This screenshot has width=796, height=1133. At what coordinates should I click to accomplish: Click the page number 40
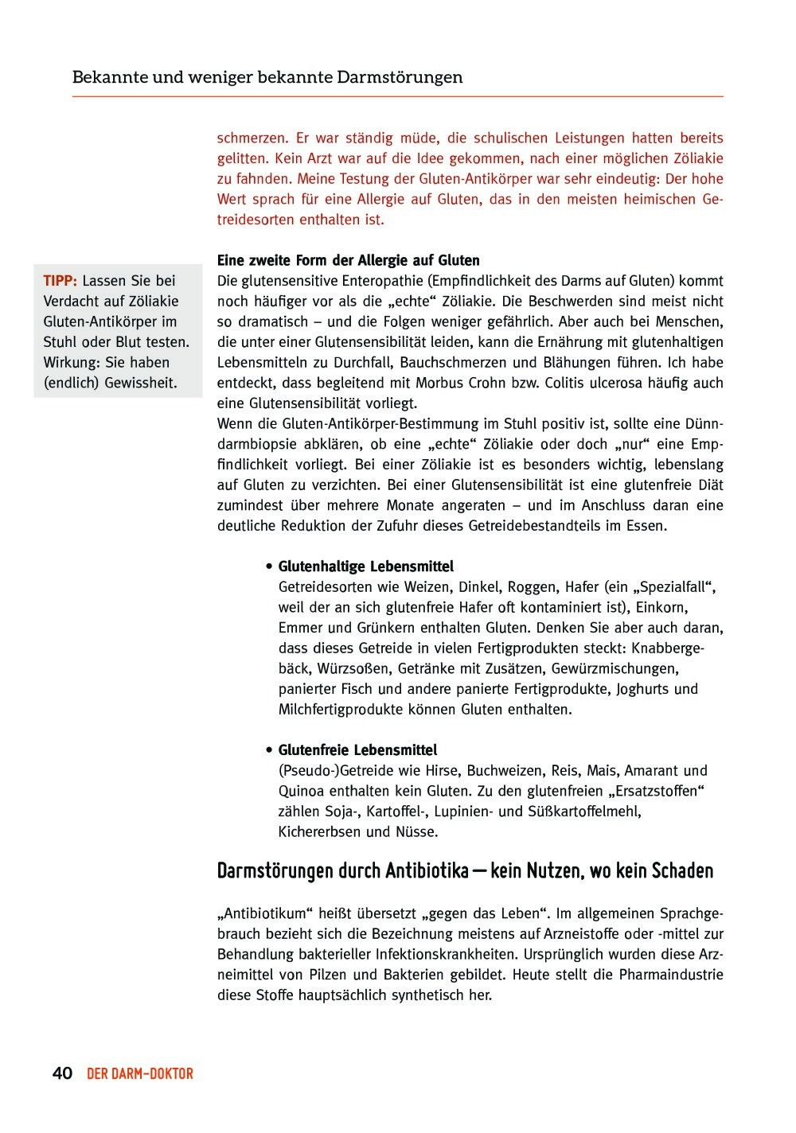pos(63,1074)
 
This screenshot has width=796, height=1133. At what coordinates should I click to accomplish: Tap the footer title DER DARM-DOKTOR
pos(140,1074)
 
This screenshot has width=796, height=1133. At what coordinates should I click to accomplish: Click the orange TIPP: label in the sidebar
pos(60,281)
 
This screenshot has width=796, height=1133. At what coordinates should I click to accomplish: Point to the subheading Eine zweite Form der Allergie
pos(349,260)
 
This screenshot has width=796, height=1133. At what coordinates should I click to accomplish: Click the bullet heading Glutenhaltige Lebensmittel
pos(365,566)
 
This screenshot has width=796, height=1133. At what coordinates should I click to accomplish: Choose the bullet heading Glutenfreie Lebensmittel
pos(357,750)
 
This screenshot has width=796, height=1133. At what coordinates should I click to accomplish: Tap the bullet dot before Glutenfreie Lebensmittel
pos(271,750)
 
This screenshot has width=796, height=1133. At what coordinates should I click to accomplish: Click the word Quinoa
pos(301,792)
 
